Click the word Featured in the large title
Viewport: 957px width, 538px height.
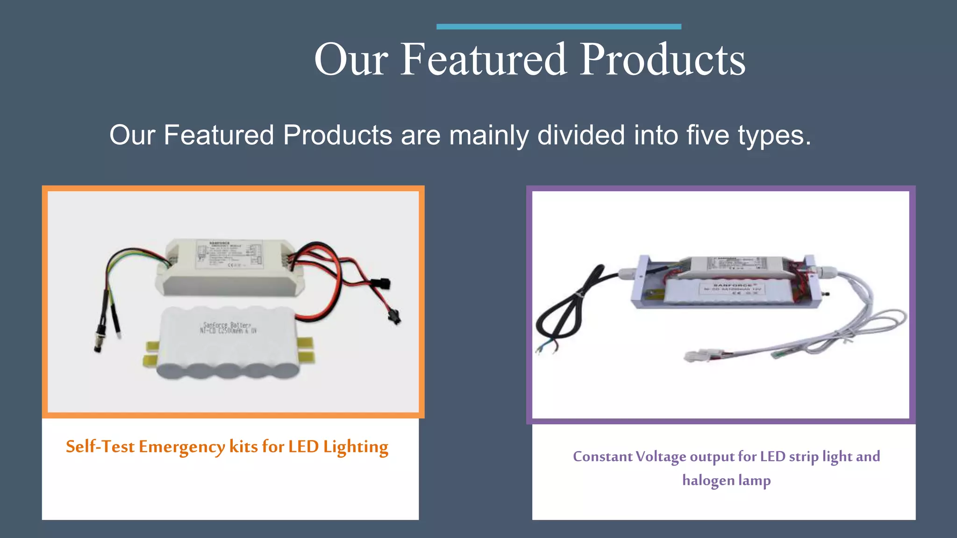(484, 59)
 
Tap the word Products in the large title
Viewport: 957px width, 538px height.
(663, 59)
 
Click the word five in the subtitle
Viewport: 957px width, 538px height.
(707, 135)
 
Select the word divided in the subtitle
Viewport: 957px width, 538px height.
(581, 135)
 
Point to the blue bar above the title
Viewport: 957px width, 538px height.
(558, 27)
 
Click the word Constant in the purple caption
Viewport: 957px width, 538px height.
(602, 456)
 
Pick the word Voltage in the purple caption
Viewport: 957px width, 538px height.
(661, 457)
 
